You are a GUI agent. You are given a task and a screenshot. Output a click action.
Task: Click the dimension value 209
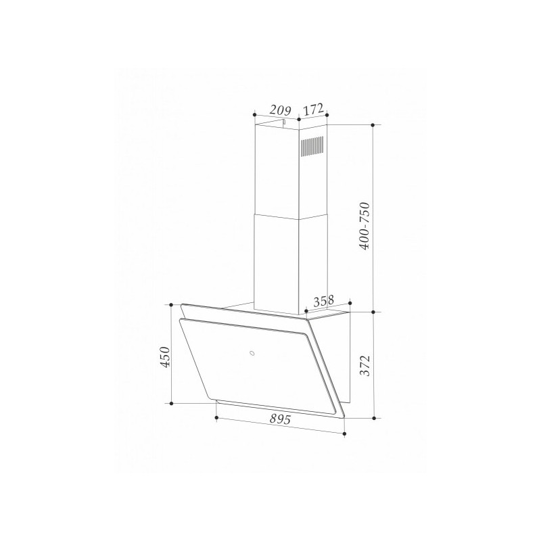[x=279, y=109]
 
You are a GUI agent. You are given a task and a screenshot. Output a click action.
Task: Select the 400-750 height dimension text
[x=366, y=226]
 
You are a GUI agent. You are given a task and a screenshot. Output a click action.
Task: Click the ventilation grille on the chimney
[x=311, y=148]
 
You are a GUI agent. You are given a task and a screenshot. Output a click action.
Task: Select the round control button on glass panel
[x=251, y=352]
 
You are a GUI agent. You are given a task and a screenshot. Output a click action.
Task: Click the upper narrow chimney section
[x=277, y=169]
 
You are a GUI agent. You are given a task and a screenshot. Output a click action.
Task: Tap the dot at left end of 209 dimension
[x=253, y=114]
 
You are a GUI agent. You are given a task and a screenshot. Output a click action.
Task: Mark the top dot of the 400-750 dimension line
[x=375, y=125]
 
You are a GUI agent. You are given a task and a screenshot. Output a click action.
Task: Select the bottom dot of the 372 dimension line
[x=375, y=418]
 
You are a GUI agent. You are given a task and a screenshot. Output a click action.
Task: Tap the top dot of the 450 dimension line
[x=172, y=305]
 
